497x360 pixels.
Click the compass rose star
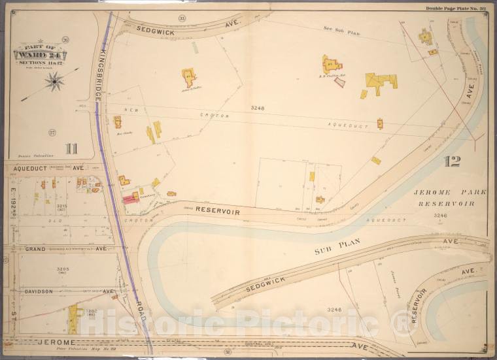click(54, 81)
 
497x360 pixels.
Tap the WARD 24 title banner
click(40, 54)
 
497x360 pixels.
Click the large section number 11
click(71, 148)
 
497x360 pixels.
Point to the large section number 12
click(451, 161)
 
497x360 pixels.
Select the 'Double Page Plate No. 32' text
click(455, 8)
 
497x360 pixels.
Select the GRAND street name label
click(38, 249)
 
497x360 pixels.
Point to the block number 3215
click(61, 206)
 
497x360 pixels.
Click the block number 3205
click(61, 269)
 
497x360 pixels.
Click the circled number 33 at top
click(182, 18)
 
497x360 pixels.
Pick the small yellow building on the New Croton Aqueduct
click(380, 123)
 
